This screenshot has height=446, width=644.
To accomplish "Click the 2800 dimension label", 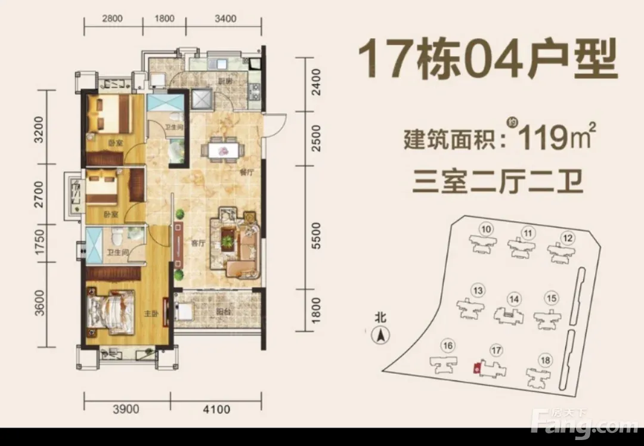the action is [112, 18].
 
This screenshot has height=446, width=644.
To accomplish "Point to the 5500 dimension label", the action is [316, 236].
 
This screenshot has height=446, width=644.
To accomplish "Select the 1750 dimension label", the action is [39, 242].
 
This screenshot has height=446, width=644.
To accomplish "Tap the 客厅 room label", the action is [198, 243].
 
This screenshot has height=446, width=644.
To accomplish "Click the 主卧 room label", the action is [151, 314].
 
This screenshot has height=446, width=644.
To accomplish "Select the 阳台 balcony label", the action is [224, 312].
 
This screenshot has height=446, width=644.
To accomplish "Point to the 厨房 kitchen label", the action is [225, 81].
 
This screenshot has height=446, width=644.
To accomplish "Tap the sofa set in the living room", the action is [236, 243].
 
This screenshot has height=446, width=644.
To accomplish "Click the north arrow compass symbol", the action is [380, 336].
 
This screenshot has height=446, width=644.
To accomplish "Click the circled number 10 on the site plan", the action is [486, 229].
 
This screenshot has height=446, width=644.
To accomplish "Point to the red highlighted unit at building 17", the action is [477, 368].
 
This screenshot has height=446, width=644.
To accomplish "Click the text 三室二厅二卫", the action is [498, 183].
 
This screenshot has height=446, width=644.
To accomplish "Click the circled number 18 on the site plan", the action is [546, 361].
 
